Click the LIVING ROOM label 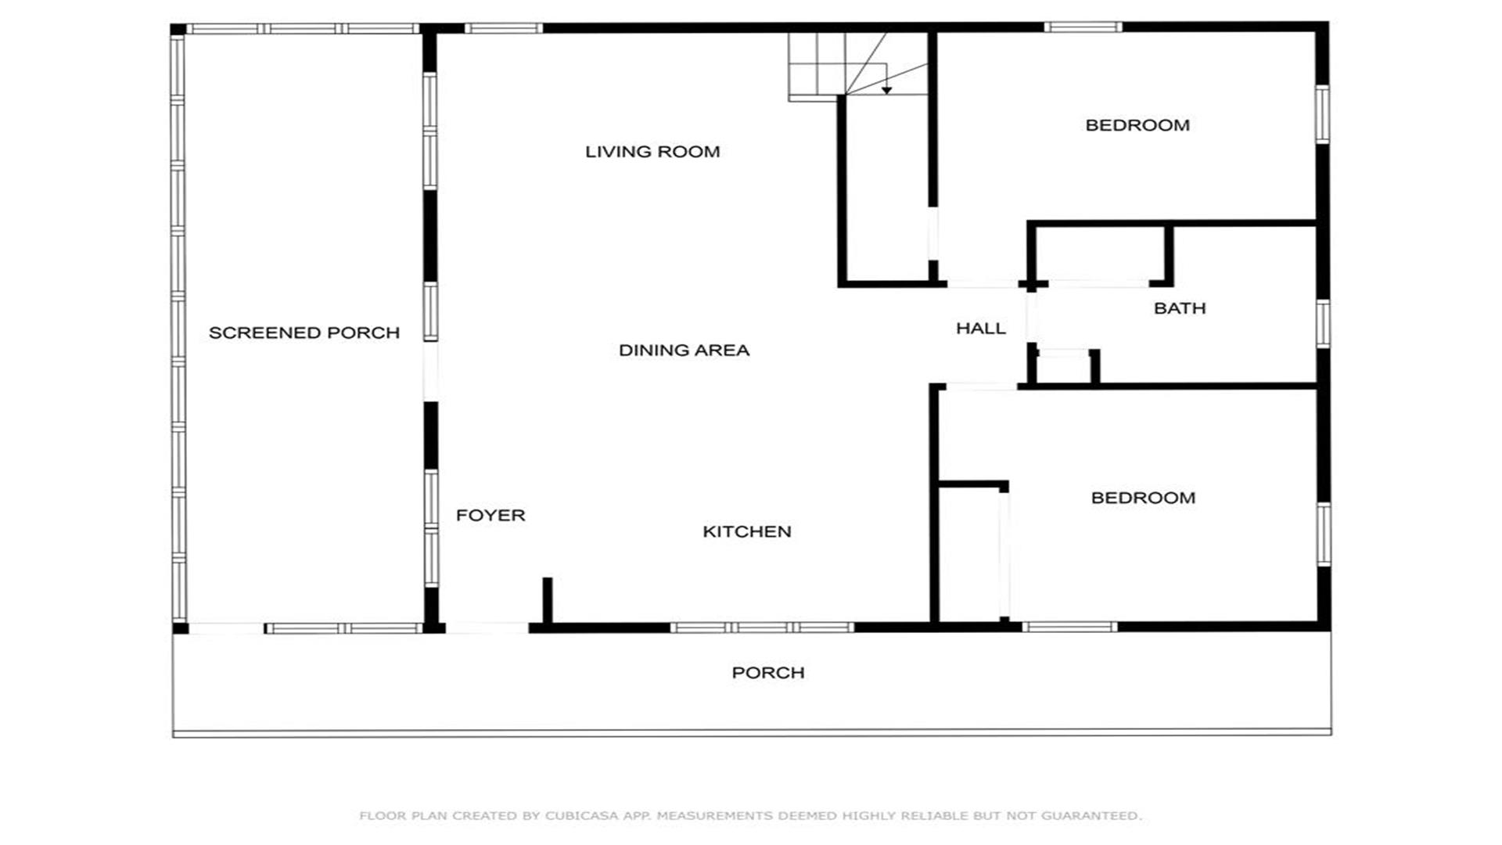pos(652,152)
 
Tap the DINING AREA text pos(684,351)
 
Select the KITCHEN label pos(747,532)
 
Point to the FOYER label pos(490,516)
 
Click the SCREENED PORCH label pos(304,333)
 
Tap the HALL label pos(981,329)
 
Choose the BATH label pos(1180,308)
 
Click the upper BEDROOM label pos(1137,125)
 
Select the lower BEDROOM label pos(1143,498)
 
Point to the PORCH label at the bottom pos(768,673)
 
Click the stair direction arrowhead pos(886,91)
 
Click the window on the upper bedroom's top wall pos(1083,27)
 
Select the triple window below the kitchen pos(762,627)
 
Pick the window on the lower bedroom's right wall pos(1323,534)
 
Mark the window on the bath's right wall pos(1323,324)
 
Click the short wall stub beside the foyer pos(548,601)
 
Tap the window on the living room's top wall pos(503,28)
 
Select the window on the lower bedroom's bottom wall pos(1069,627)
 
